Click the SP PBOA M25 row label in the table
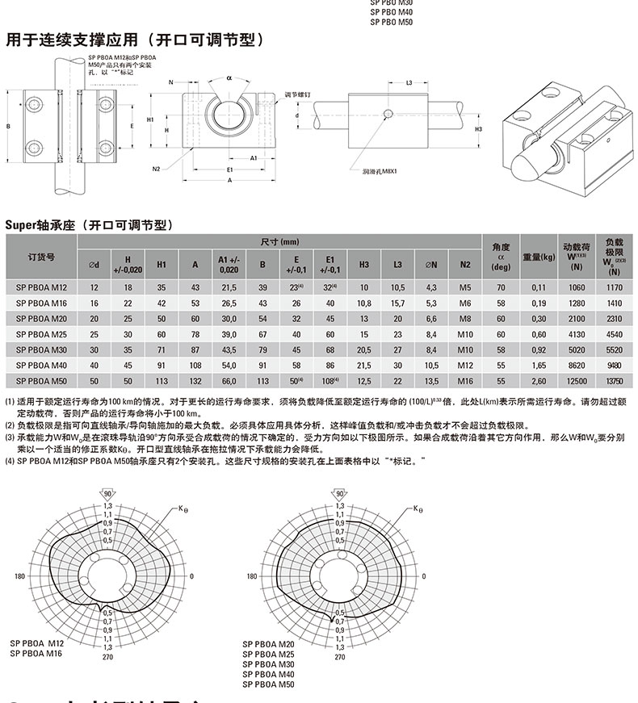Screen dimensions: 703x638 [40, 333]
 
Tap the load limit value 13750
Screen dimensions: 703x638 [615, 379]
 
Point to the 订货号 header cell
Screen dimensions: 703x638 [40, 257]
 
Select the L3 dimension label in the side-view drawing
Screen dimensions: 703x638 [409, 83]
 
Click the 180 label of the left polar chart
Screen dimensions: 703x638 [20, 577]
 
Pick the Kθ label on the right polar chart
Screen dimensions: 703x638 [417, 509]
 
